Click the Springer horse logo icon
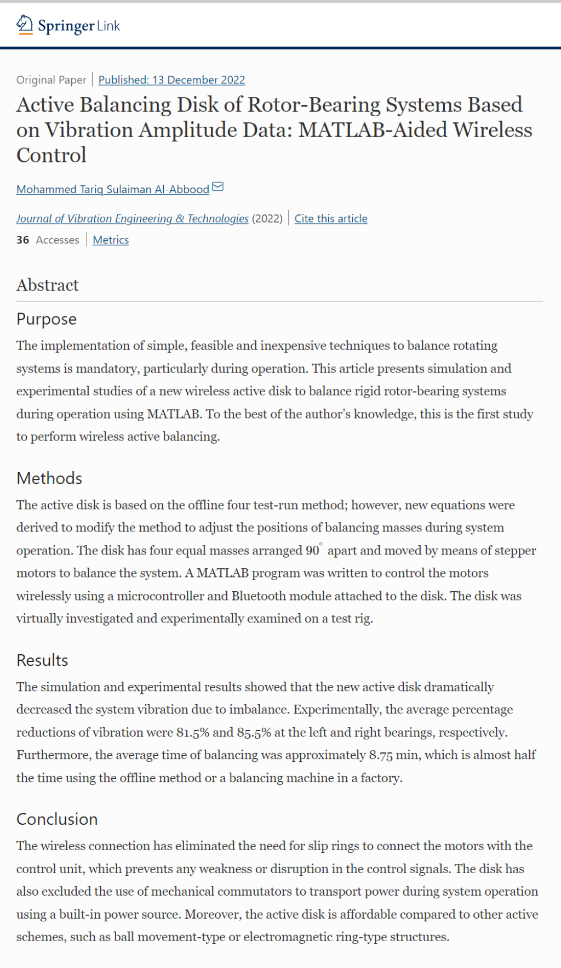24,25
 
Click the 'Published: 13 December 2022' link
171,80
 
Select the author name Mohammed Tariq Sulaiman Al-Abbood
112,189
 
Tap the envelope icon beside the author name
217,187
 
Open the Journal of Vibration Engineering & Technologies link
132,219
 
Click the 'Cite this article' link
331,219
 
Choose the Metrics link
111,240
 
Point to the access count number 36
23,240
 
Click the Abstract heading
48,285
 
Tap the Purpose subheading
47,319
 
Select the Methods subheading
49,478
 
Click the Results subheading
42,660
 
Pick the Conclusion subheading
57,819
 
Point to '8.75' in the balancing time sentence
380,755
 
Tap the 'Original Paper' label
51,80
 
